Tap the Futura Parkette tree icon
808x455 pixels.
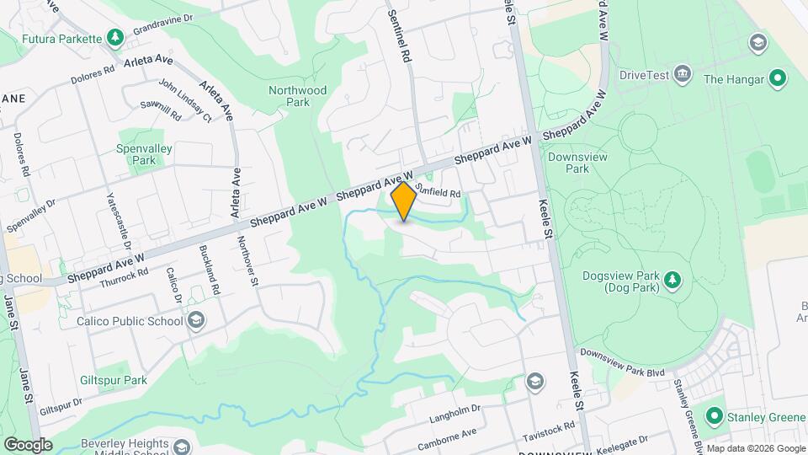(x=114, y=37)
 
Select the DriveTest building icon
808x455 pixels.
(x=683, y=74)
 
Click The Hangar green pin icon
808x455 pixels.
(x=778, y=79)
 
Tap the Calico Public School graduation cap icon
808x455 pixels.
(x=196, y=320)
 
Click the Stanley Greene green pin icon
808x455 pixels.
(x=715, y=416)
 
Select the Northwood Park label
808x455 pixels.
(x=297, y=96)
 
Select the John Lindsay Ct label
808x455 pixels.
(x=185, y=101)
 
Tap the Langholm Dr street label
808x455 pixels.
(x=454, y=410)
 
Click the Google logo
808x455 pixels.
(x=28, y=445)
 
